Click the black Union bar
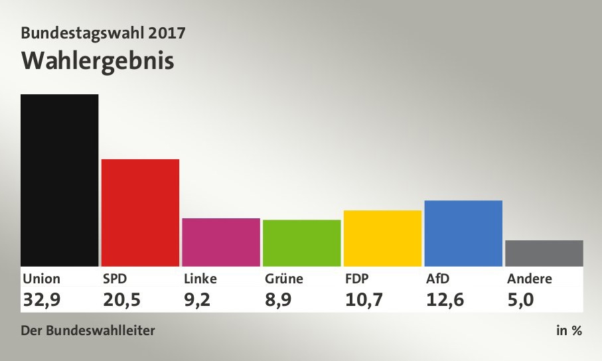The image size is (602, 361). (59, 180)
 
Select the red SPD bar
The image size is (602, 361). (140, 212)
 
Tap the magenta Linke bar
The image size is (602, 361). (221, 242)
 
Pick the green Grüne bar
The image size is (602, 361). (302, 243)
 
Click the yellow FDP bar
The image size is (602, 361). (382, 238)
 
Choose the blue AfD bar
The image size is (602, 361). (463, 233)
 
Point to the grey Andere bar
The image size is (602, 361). (544, 253)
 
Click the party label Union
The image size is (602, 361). (41, 279)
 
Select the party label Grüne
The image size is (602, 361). (283, 279)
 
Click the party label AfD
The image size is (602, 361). (438, 279)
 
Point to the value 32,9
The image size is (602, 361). (41, 300)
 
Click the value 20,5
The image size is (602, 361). (122, 300)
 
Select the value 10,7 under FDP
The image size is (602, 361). (364, 300)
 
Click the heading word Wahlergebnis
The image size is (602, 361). (98, 61)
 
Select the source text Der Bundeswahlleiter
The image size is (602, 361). (88, 330)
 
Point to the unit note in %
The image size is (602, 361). (569, 330)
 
